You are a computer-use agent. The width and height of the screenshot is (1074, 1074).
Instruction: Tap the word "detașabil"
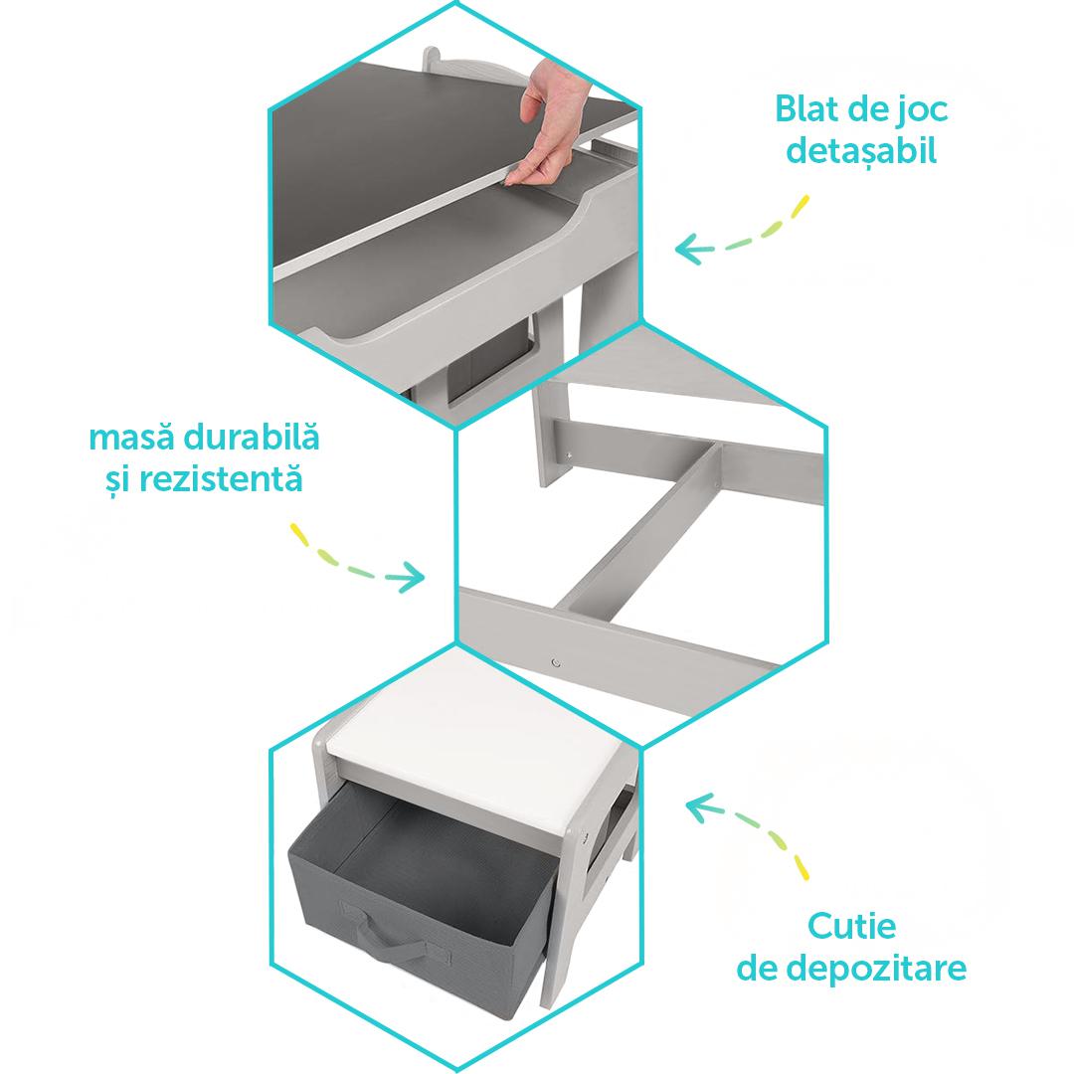tap(861, 152)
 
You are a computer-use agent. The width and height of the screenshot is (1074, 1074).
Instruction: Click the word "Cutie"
tap(851, 926)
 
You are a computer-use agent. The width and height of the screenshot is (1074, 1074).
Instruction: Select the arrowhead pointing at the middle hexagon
tap(416, 576)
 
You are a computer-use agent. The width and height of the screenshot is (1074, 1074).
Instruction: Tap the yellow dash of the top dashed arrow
tap(798, 210)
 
